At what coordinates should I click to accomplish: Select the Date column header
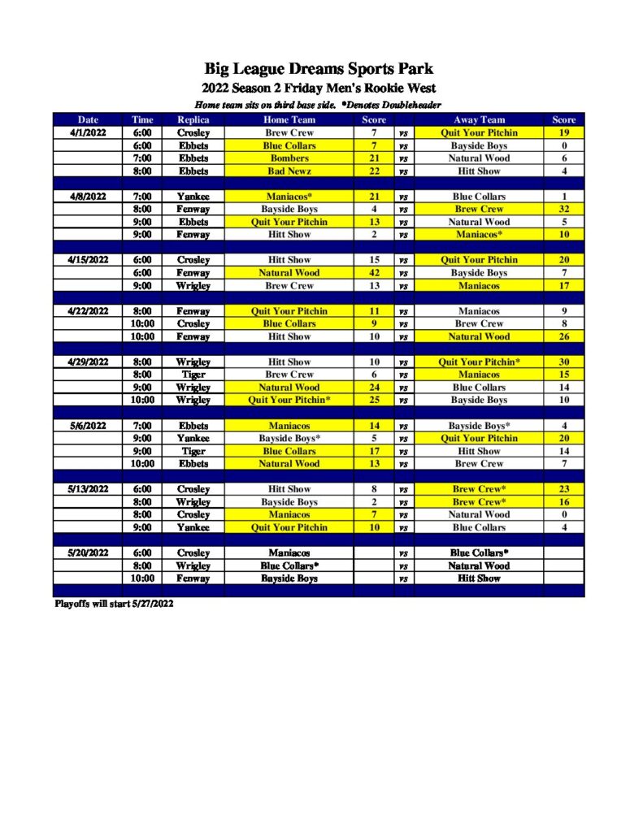point(88,119)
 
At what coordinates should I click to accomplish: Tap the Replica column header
point(193,119)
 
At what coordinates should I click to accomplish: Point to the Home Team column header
point(289,119)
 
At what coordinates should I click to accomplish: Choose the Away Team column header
point(479,119)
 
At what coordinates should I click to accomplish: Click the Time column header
point(142,119)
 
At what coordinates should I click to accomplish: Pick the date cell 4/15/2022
point(88,260)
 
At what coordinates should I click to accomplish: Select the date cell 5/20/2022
point(88,552)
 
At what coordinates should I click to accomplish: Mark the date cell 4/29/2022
point(88,362)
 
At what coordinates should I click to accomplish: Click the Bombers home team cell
point(289,158)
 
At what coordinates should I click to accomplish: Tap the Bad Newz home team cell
point(289,171)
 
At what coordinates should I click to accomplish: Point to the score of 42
point(374,273)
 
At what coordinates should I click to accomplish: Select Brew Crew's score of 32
point(563,209)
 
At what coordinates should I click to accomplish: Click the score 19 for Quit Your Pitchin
point(563,132)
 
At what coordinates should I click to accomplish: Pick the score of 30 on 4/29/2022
point(563,362)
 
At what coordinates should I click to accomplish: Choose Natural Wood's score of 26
point(563,336)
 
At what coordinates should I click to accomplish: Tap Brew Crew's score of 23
point(563,489)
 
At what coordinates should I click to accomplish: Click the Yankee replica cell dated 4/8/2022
point(193,197)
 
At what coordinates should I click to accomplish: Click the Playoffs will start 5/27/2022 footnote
point(114,604)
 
